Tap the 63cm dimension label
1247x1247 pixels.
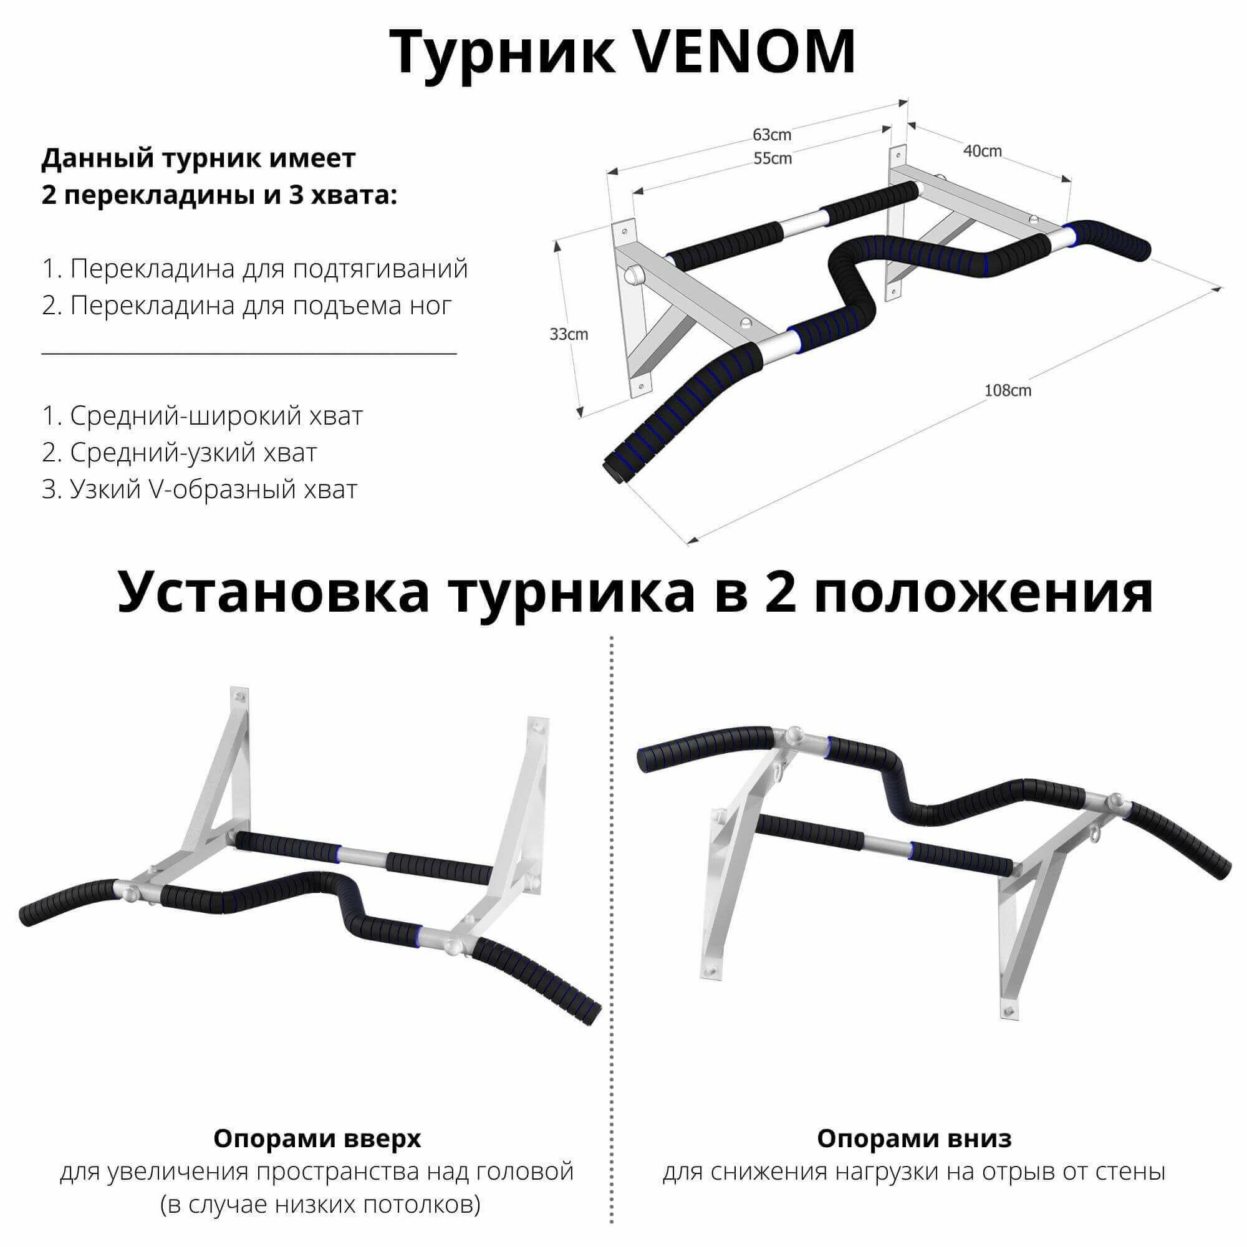click(x=771, y=135)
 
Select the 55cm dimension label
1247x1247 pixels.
click(x=772, y=158)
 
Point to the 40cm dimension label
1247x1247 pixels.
click(x=983, y=150)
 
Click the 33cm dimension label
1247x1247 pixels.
click(x=569, y=334)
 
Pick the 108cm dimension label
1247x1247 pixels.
click(x=1008, y=390)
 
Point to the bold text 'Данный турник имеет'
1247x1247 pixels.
click(x=199, y=158)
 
